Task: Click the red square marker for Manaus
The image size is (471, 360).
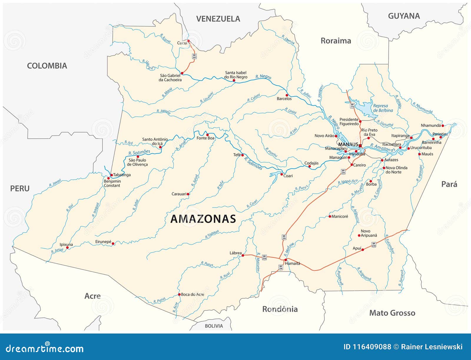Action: click(360, 145)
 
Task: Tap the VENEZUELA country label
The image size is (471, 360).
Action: click(218, 19)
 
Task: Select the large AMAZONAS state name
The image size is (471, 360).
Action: click(203, 219)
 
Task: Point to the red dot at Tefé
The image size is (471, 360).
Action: click(243, 155)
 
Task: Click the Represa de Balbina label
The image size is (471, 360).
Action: click(383, 108)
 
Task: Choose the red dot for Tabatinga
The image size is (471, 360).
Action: click(112, 175)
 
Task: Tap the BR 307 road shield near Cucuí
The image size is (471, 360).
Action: click(194, 56)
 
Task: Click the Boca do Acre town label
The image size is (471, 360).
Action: click(192, 294)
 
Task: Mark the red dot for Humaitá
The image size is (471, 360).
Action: click(285, 260)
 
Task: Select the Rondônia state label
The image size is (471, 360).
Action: click(280, 309)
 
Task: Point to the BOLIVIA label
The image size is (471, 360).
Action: click(214, 326)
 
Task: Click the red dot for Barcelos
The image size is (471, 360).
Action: click(287, 95)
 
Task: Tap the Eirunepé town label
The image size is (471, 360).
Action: click(103, 242)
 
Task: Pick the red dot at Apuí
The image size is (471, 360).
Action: click(363, 250)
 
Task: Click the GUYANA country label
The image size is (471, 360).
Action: click(404, 16)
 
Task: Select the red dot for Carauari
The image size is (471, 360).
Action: click(188, 194)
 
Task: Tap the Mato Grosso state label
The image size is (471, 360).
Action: click(392, 313)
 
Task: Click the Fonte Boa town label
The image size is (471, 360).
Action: click(205, 138)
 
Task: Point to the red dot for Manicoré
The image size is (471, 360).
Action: click(330, 216)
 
